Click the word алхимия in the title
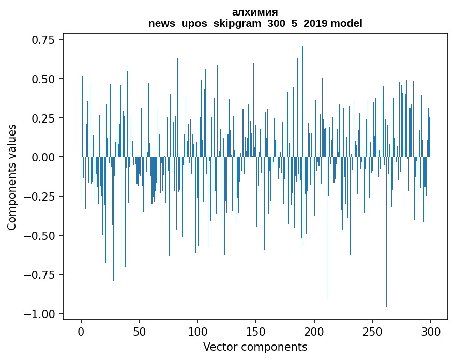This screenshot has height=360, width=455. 255,12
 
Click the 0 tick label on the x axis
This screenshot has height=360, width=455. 81,332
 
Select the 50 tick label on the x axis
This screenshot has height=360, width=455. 139,332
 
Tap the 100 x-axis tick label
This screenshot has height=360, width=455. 198,332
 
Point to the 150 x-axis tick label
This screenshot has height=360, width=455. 255,332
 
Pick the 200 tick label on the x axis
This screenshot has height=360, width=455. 314,332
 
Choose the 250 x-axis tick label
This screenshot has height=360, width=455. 372,332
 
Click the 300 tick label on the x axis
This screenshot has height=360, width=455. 430,332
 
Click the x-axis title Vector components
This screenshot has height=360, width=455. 255,347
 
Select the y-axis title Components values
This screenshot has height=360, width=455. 12,177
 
